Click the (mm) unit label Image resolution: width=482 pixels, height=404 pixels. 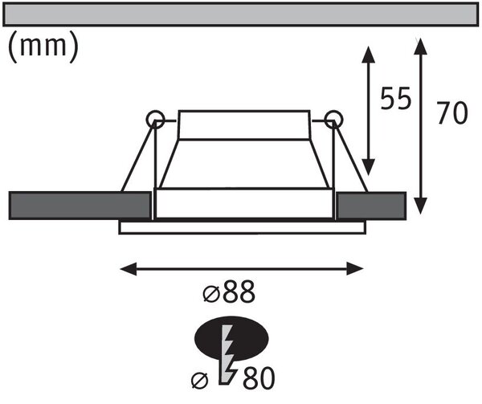43,47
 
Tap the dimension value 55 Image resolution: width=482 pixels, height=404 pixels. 395,98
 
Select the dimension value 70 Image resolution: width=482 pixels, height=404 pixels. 452,112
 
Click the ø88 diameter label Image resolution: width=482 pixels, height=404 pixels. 229,292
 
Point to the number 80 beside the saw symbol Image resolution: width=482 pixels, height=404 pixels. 259,377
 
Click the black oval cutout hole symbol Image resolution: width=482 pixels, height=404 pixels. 231,338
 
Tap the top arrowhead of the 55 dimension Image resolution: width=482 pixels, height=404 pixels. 368,55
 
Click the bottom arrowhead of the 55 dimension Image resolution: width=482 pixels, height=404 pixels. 368,167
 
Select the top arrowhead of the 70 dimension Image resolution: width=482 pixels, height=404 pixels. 420,47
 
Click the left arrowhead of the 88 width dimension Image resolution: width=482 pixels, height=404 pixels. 129,269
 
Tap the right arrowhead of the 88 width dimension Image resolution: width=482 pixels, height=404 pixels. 355,269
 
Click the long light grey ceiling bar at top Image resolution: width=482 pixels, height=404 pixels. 240,14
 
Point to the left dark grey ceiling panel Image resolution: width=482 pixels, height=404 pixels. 80,206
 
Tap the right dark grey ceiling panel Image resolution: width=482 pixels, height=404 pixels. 371,206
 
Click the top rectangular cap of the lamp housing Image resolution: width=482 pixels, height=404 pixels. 244,124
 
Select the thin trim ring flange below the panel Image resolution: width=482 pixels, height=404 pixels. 243,227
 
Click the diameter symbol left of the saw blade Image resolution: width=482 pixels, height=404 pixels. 199,381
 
